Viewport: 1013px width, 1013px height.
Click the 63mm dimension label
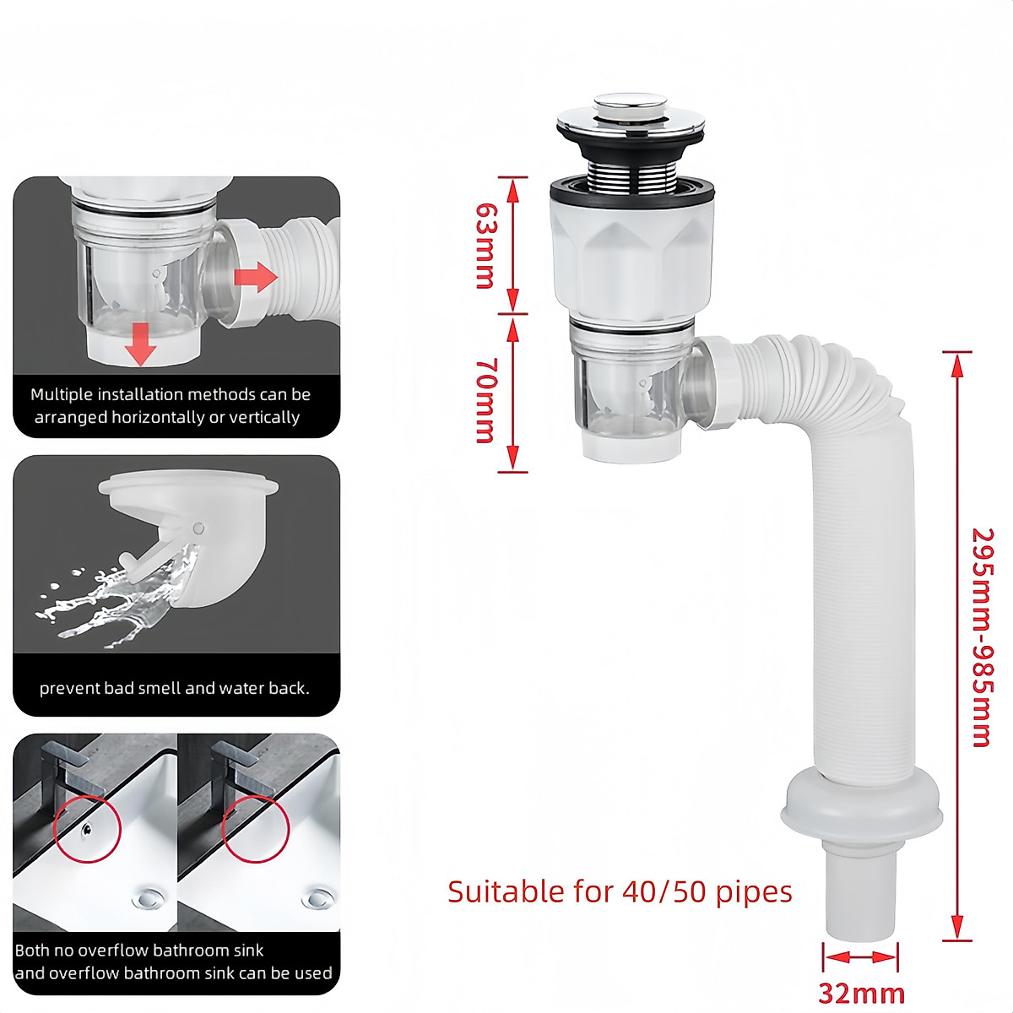[x=485, y=245]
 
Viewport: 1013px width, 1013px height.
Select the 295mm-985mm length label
[x=982, y=637]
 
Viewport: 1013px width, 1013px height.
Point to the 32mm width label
[x=861, y=993]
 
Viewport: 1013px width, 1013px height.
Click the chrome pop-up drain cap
[x=626, y=112]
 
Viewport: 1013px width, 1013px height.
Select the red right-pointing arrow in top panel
[x=256, y=276]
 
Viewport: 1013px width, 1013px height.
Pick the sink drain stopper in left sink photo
[x=150, y=897]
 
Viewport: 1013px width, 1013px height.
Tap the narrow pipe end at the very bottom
[x=861, y=903]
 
